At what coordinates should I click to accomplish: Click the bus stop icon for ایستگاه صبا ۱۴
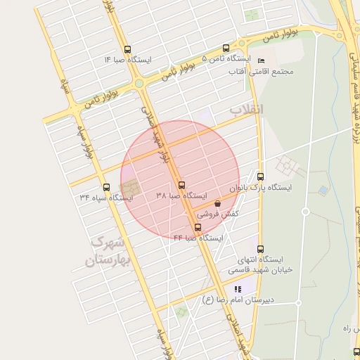[x=127, y=49]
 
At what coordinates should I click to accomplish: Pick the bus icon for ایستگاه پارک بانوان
[x=262, y=176]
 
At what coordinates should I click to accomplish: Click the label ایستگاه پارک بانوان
[x=259, y=188]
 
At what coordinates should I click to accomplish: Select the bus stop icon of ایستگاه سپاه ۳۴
[x=106, y=187]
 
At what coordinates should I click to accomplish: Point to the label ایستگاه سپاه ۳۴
[x=106, y=198]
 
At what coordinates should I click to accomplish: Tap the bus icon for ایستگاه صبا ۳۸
[x=182, y=185]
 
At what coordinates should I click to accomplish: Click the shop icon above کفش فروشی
[x=217, y=203]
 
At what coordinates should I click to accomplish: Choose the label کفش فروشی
[x=217, y=213]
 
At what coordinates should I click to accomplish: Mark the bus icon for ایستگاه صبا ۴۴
[x=198, y=227]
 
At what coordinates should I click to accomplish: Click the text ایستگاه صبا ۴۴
[x=198, y=238]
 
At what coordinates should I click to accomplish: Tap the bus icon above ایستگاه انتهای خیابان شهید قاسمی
[x=261, y=249]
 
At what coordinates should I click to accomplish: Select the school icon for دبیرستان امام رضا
[x=238, y=289]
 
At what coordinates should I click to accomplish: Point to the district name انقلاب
[x=246, y=110]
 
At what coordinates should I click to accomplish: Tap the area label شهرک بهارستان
[x=108, y=252]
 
